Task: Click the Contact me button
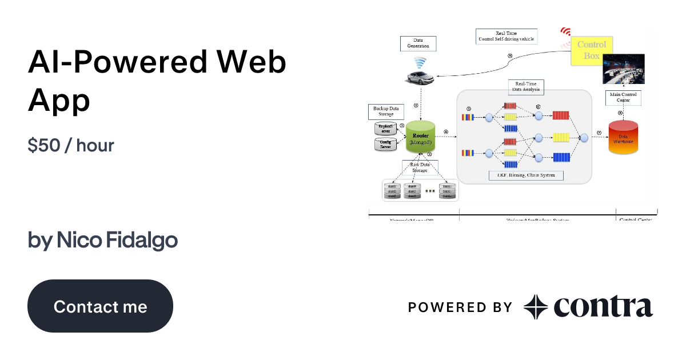point(100,306)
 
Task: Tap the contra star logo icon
point(536,307)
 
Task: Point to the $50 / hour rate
point(71,145)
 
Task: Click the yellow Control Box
point(591,50)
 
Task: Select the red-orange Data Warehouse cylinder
point(623,138)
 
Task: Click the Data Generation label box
point(418,43)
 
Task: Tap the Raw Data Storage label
point(420,167)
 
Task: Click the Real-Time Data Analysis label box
point(525,87)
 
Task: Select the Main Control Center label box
point(623,98)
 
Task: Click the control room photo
point(623,69)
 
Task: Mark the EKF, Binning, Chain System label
point(525,175)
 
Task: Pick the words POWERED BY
point(460,307)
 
